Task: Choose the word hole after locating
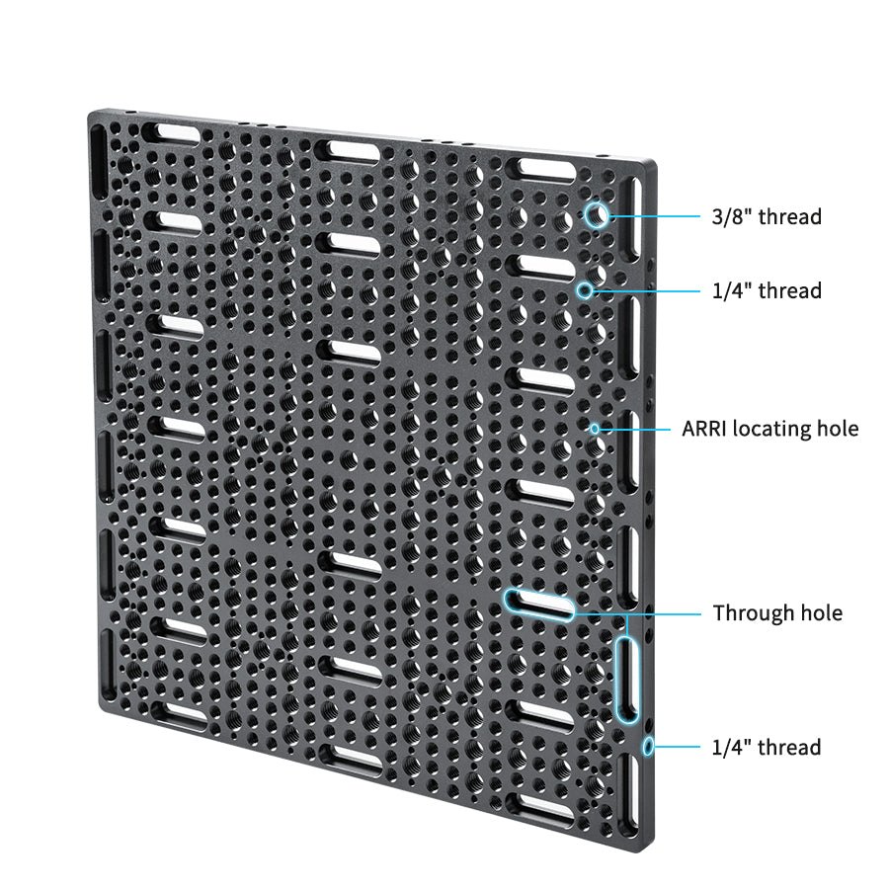tap(838, 429)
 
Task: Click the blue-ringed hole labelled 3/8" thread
tap(596, 215)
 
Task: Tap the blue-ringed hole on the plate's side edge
tap(648, 746)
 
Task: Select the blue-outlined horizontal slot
tap(538, 605)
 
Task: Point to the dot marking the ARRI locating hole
tap(595, 429)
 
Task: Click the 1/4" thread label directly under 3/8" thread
tap(767, 290)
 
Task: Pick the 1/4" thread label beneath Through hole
tap(767, 748)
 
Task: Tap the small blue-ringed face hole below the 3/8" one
tap(586, 290)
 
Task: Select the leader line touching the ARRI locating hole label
tap(637, 429)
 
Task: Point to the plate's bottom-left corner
tap(103, 703)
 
